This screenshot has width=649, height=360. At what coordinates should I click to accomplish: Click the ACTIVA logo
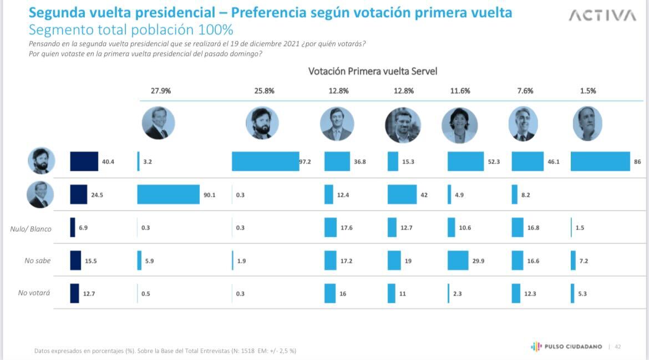602,16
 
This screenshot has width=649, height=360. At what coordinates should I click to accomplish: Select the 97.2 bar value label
306,161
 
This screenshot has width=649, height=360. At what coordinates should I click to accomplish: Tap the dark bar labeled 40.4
84,161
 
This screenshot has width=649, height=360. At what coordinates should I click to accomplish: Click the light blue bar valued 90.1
168,195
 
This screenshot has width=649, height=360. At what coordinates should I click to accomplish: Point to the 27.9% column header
160,91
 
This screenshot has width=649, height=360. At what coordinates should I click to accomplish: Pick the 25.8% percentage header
264,91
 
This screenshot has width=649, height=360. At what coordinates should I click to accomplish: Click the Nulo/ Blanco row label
31,229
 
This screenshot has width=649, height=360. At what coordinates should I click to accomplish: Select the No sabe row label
38,260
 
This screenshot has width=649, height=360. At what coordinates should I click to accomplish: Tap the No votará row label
34,292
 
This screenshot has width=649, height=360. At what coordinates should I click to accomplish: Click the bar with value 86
600,161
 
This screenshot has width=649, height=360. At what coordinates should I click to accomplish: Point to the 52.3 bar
465,161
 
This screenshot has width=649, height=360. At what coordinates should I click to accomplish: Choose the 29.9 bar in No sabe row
458,260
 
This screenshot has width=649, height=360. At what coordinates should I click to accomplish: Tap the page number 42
617,347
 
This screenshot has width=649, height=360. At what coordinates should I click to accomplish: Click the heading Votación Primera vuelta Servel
373,72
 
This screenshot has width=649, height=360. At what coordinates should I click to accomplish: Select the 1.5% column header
587,91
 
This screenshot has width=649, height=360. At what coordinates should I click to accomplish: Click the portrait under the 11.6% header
459,125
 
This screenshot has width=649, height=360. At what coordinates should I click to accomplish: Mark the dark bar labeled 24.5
79,195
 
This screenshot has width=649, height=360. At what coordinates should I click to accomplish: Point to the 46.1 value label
553,162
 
